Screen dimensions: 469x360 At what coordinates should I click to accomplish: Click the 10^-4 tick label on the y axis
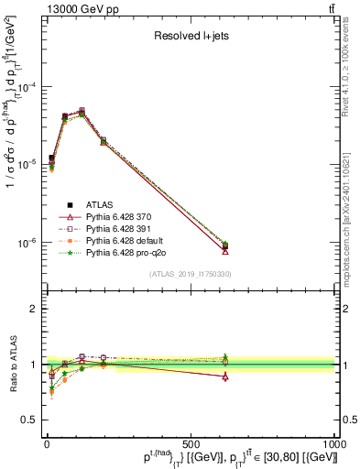coord(25,87)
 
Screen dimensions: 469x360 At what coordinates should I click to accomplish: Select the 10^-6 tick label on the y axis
coord(25,244)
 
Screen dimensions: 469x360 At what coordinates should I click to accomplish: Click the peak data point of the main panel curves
coord(82,113)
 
